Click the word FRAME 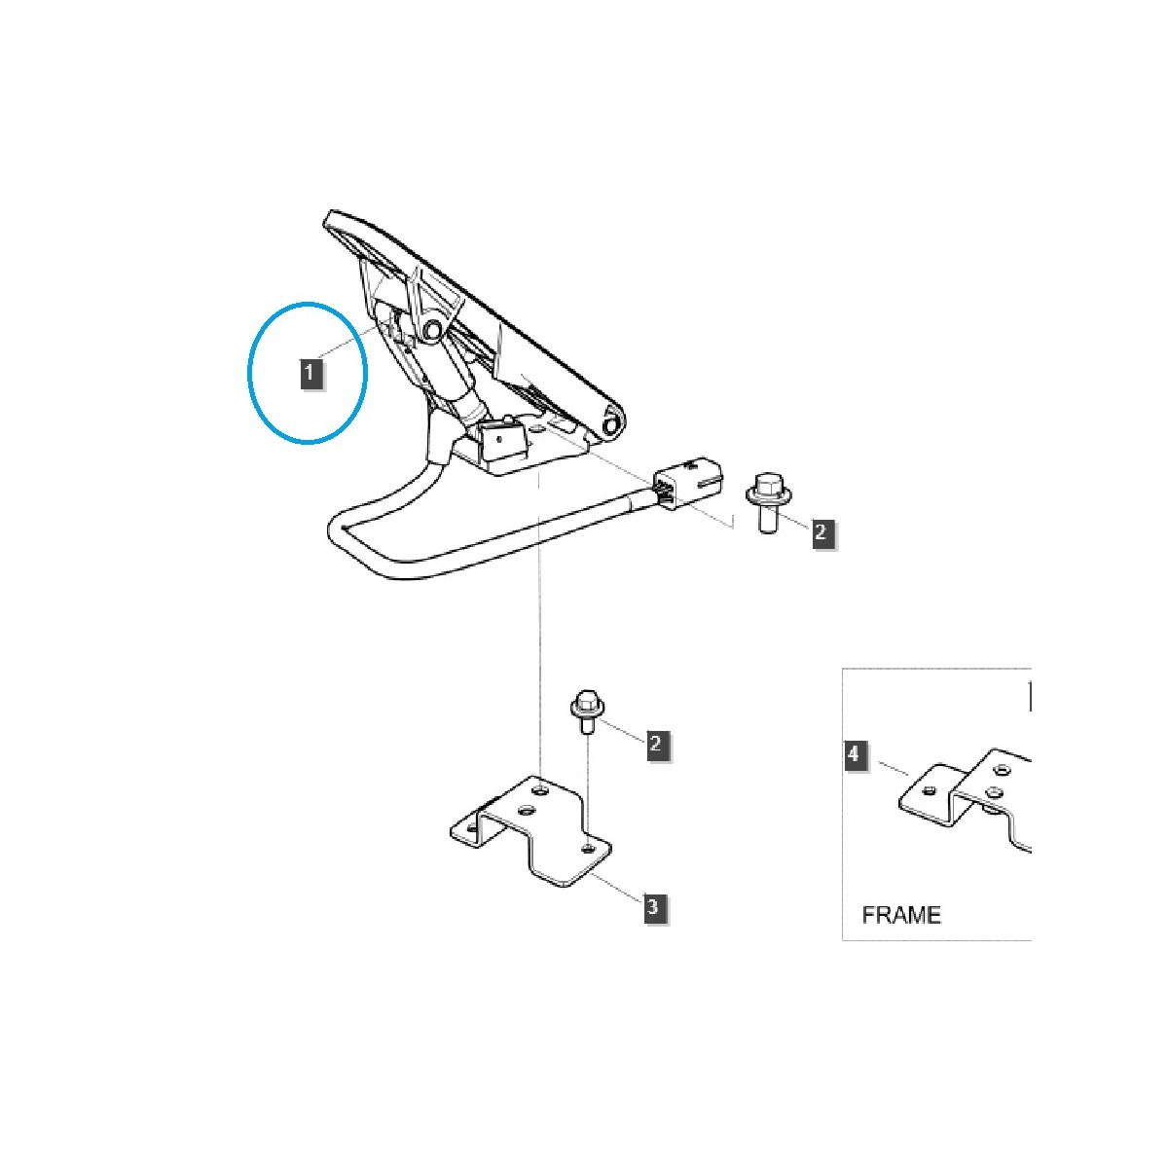[901, 915]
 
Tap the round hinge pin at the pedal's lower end [613, 424]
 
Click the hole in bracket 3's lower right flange [587, 849]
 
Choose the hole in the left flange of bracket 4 [928, 790]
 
